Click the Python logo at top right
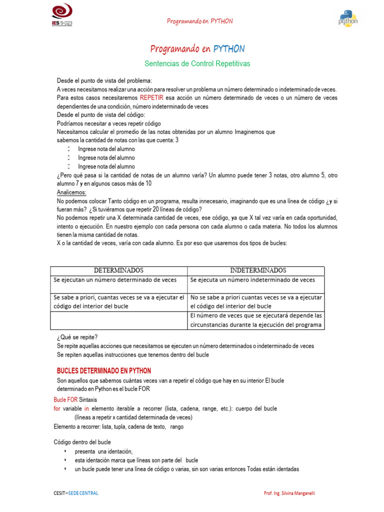click(348, 17)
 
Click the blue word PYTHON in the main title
click(229, 48)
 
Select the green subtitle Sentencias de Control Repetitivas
click(197, 64)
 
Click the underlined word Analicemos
click(71, 192)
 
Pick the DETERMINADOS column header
click(119, 270)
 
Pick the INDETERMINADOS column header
click(255, 270)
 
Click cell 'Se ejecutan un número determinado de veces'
click(119, 280)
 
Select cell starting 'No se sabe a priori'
click(255, 301)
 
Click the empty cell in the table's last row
click(119, 320)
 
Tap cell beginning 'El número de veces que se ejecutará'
click(255, 320)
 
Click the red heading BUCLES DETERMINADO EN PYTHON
click(104, 371)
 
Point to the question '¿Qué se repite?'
click(77, 337)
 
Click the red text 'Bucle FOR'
click(65, 400)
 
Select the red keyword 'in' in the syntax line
click(86, 408)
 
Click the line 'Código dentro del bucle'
click(82, 442)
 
